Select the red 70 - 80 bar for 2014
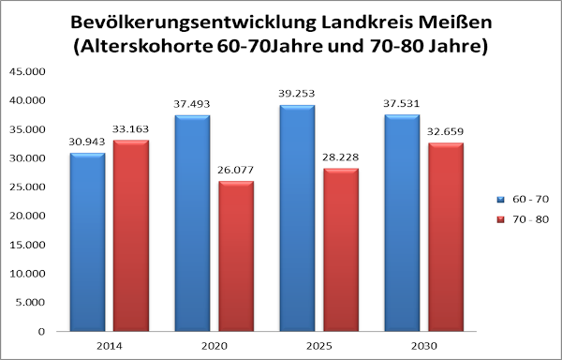click(x=131, y=235)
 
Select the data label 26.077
click(x=235, y=170)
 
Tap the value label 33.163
click(x=131, y=128)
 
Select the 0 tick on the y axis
click(x=40, y=331)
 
